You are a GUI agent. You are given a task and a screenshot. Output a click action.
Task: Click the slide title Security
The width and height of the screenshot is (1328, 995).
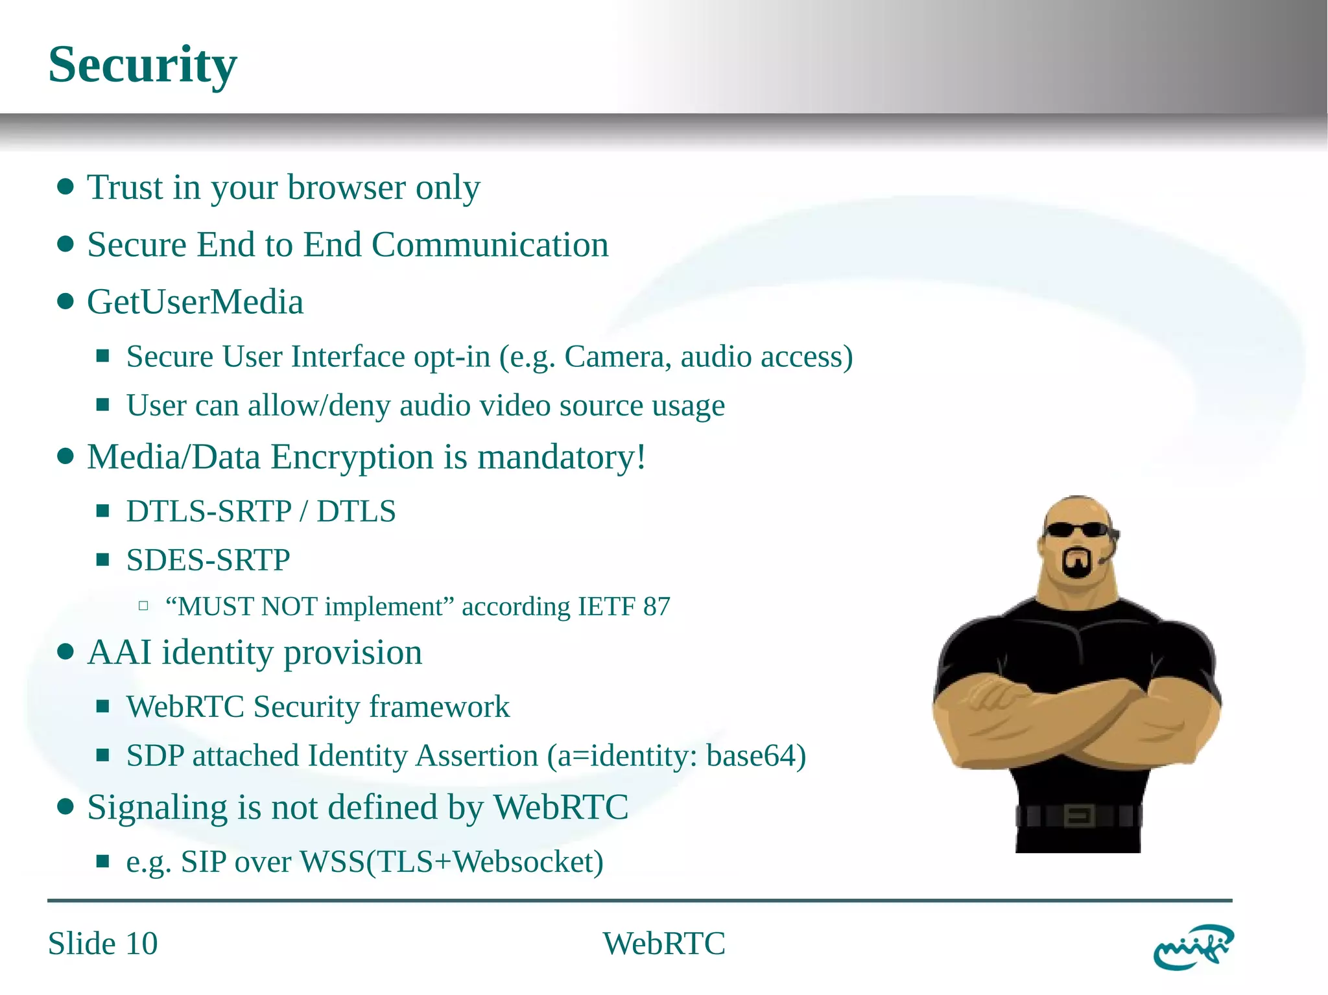click(x=143, y=65)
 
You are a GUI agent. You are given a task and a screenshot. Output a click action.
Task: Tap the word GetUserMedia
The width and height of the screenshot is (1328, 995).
click(x=195, y=302)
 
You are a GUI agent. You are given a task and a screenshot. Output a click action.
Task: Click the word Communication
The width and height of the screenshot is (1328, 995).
click(x=490, y=245)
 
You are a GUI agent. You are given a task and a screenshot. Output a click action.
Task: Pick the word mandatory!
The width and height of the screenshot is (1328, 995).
click(x=562, y=457)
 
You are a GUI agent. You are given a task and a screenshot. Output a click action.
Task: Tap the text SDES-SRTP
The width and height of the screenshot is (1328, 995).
click(x=208, y=560)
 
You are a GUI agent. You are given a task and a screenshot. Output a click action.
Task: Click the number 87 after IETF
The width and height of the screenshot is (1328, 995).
click(x=657, y=607)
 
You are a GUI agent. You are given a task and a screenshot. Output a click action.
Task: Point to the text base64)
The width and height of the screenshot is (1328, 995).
click(x=756, y=756)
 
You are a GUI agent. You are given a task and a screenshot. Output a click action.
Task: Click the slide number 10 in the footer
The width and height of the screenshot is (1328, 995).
click(x=141, y=944)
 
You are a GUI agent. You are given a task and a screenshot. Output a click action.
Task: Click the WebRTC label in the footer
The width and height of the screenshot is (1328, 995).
click(x=664, y=944)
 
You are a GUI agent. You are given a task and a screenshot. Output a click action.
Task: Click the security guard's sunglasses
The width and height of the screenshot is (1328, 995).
click(x=1078, y=530)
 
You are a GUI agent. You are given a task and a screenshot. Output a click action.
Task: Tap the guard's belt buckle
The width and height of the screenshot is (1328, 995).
click(x=1079, y=815)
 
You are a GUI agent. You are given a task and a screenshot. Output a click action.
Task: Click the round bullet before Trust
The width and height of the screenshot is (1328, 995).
click(x=65, y=187)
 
